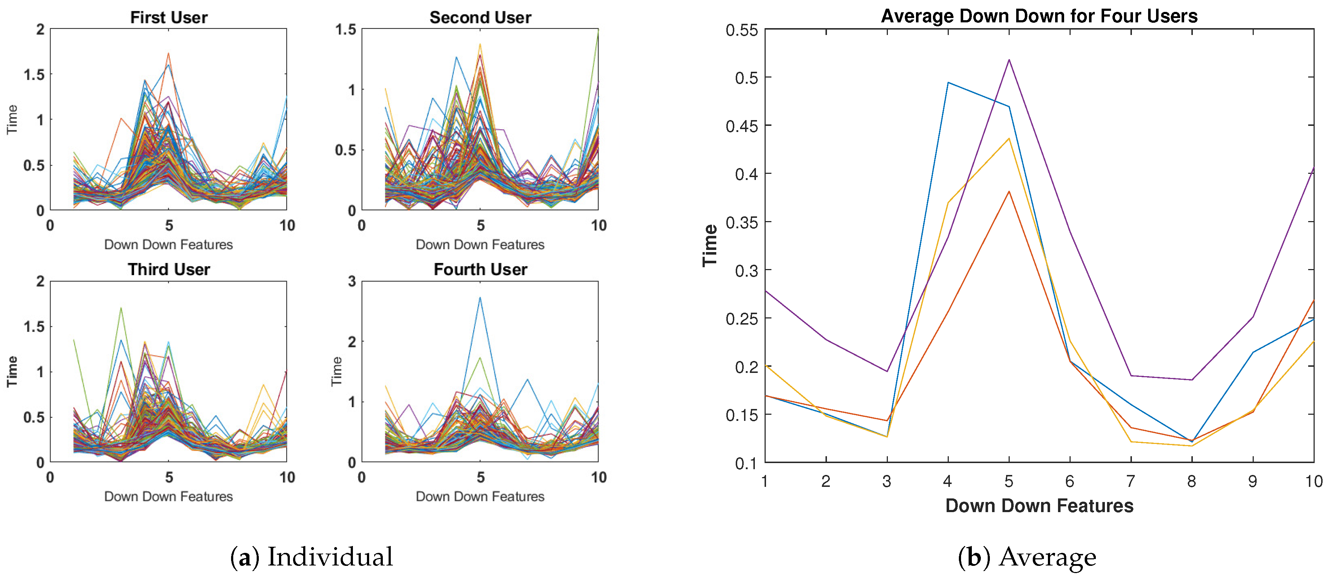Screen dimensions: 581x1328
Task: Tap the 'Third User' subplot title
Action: (x=169, y=269)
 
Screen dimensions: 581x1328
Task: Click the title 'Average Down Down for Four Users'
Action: (x=1039, y=16)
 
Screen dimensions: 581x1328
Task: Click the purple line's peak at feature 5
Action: (x=1009, y=60)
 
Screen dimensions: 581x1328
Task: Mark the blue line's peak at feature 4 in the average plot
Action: (x=948, y=83)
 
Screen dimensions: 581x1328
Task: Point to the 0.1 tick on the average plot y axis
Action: (x=746, y=463)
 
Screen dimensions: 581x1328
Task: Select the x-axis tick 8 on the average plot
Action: (x=1191, y=481)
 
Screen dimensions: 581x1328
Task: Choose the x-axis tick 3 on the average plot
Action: (x=887, y=481)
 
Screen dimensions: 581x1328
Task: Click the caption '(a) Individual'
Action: (x=311, y=557)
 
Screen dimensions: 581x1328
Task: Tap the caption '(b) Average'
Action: (x=1027, y=557)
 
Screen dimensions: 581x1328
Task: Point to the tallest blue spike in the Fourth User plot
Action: (x=480, y=298)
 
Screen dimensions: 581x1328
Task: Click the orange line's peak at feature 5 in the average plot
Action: (x=1009, y=192)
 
